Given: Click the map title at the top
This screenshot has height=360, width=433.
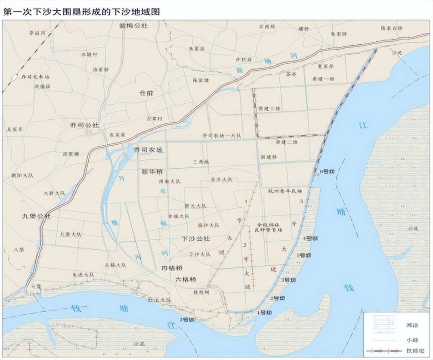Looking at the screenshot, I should pyautogui.click(x=82, y=12).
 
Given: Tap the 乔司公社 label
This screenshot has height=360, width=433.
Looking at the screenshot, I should pyautogui.click(x=84, y=125).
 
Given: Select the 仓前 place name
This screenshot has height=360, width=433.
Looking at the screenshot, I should pyautogui.click(x=147, y=93).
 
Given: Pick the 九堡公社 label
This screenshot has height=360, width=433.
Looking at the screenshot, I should pyautogui.click(x=37, y=216).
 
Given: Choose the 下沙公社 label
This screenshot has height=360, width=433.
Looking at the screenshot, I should pyautogui.click(x=196, y=238).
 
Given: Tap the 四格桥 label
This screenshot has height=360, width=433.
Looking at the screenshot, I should pyautogui.click(x=173, y=268).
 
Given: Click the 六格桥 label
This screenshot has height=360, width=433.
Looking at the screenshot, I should pyautogui.click(x=186, y=279).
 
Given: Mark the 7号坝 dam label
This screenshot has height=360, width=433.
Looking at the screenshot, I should pyautogui.click(x=187, y=320).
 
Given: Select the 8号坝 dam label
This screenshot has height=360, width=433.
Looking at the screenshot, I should pyautogui.click(x=328, y=171).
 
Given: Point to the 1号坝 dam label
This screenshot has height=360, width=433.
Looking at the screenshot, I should pyautogui.click(x=264, y=312).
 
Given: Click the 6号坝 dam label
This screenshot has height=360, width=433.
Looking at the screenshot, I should pyautogui.click(x=310, y=238).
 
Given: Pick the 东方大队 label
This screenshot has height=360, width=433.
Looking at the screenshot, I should pyautogui.click(x=222, y=179).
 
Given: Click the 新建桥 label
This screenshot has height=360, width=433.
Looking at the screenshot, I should pyautogui.click(x=269, y=157).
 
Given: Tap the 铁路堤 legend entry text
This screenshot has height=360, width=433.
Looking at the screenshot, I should pyautogui.click(x=414, y=351).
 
